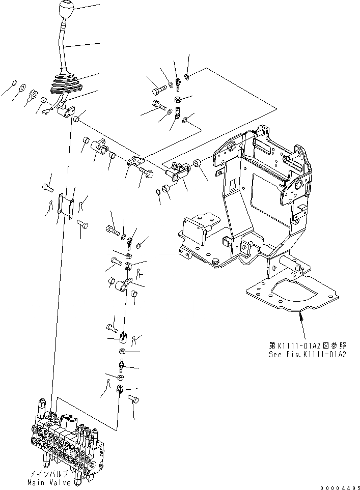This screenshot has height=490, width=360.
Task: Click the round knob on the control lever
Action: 67,10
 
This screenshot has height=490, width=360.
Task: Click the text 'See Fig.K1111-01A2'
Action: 308,354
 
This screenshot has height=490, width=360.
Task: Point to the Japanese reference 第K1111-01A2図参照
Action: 308,345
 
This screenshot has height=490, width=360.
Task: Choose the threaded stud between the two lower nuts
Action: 121,365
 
